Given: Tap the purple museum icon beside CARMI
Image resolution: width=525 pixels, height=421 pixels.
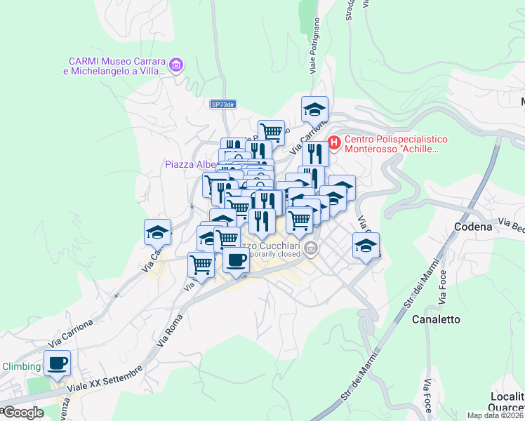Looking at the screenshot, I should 175,66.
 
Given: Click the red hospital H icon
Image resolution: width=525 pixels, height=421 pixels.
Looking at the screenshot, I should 334,143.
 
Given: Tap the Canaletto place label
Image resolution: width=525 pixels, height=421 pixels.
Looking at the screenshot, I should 439,319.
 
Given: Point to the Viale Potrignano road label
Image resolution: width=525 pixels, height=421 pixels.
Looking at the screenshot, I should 313,53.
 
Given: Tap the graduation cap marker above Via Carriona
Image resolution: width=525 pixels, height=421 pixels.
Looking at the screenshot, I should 314,109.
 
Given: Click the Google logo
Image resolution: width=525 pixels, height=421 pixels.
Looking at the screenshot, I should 22,413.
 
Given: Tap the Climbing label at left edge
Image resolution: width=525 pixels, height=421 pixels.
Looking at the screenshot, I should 21,366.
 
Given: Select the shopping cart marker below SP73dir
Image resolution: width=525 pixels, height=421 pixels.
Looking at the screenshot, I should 271,131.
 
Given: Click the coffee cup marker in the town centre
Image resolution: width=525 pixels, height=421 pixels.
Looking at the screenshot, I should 236,260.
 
